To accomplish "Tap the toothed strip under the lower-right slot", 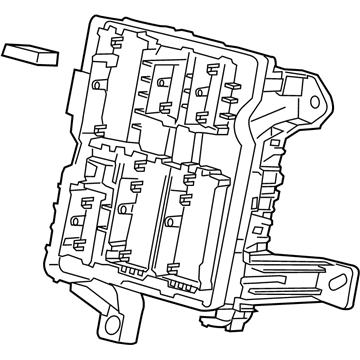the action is [181, 282].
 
